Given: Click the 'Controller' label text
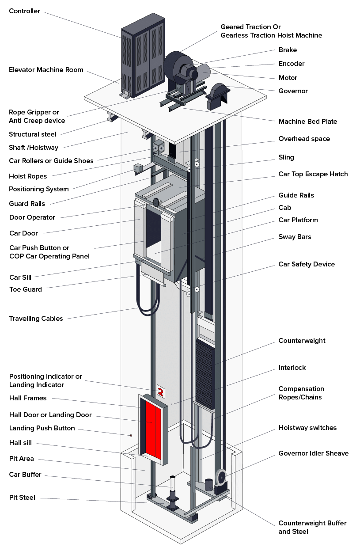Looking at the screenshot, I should pyautogui.click(x=24, y=11).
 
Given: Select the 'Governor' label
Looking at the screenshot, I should pyautogui.click(x=293, y=91).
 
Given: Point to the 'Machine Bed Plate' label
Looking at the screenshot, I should pyautogui.click(x=307, y=122).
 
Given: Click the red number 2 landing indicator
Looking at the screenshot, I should pyautogui.click(x=161, y=391).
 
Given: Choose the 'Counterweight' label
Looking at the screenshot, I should pyautogui.click(x=302, y=341).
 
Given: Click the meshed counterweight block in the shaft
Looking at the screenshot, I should pyautogui.click(x=205, y=373).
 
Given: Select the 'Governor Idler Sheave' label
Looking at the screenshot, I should pyautogui.click(x=313, y=453).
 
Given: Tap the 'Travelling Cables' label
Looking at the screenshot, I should pyautogui.click(x=36, y=319).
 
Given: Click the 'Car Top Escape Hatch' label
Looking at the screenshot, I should pyautogui.click(x=313, y=174).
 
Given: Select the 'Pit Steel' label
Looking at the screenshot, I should pyautogui.click(x=22, y=498).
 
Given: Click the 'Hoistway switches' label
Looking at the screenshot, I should pyautogui.click(x=307, y=428).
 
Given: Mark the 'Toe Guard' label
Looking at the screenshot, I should pyautogui.click(x=26, y=289).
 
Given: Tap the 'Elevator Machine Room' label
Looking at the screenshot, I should pyautogui.click(x=46, y=70).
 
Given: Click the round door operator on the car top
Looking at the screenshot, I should pyautogui.click(x=156, y=202).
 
